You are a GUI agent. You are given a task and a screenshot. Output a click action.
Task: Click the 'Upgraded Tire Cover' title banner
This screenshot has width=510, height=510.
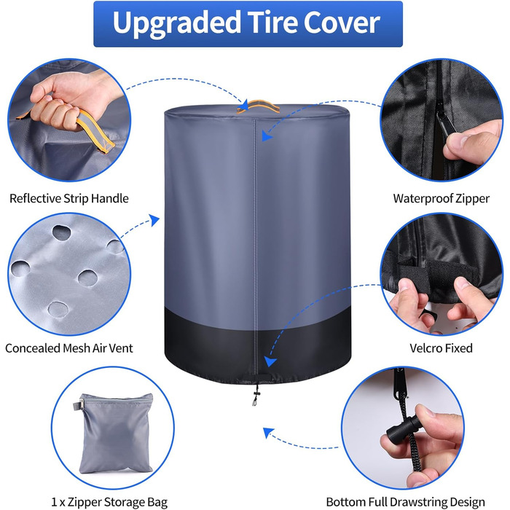248,24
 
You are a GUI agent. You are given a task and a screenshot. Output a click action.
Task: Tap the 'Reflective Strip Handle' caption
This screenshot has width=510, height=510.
69,198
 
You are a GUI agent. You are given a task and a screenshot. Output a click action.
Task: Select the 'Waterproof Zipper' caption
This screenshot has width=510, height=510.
441,198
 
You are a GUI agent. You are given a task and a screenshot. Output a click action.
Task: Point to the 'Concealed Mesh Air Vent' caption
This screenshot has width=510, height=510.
69,348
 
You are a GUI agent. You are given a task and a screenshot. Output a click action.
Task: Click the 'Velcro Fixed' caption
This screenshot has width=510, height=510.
441,348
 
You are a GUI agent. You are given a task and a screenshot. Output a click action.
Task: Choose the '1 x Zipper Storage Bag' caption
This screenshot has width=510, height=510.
109,502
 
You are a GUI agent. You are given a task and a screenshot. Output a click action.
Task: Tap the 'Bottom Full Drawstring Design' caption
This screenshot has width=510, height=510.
406,502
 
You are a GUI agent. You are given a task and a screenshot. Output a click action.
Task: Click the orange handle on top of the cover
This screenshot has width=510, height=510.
259,106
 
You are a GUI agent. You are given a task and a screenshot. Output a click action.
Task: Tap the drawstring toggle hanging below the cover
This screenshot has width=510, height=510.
255,395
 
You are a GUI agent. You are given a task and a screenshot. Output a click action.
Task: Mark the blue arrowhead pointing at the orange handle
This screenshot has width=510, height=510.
243,106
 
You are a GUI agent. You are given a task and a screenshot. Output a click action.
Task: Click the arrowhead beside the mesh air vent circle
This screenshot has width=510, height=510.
154,220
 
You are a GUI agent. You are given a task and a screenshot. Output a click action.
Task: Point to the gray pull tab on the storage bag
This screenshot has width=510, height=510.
76,405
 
